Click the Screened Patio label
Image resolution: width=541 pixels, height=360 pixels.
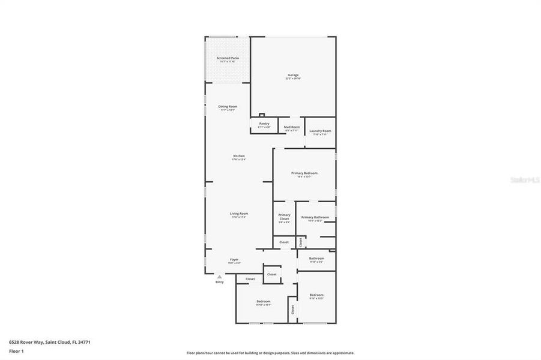click(x=228, y=58)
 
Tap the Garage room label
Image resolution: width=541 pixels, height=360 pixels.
click(x=292, y=75)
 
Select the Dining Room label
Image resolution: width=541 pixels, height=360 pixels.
click(x=228, y=106)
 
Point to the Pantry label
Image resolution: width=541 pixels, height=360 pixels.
click(x=264, y=124)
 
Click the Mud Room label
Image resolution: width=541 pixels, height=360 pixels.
click(x=292, y=127)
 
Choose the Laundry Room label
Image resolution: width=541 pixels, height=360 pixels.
click(x=320, y=131)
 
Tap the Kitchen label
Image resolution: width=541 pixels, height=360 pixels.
click(x=239, y=156)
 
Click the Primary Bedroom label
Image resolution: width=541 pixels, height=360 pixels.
click(x=304, y=173)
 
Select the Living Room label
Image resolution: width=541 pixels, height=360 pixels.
click(x=239, y=213)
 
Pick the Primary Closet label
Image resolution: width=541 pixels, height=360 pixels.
click(x=284, y=217)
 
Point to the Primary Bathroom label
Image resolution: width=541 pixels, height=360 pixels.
click(x=315, y=217)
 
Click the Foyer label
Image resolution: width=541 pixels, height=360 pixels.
click(x=234, y=259)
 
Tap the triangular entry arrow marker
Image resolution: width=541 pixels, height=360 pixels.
click(x=219, y=277)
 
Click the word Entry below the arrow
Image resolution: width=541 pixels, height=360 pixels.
click(x=219, y=282)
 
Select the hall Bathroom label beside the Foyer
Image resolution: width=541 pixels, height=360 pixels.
click(x=316, y=258)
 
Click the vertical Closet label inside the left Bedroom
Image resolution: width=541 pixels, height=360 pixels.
click(x=293, y=310)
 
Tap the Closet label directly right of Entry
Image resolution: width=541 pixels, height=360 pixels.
click(x=250, y=279)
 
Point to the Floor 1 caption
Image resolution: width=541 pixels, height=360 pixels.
click(x=16, y=351)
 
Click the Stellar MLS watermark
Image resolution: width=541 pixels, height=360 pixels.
click(x=525, y=179)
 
